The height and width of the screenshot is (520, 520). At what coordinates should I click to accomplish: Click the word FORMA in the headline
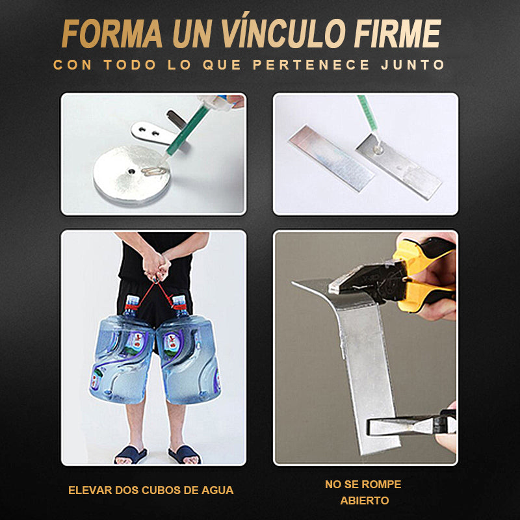tap(112, 34)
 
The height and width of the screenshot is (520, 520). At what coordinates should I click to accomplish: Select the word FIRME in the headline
tap(398, 34)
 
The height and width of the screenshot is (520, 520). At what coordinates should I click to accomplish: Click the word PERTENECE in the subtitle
tap(311, 64)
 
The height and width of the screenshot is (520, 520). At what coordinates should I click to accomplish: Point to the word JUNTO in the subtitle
tap(413, 64)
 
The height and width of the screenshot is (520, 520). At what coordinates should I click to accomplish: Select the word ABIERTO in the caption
tap(365, 500)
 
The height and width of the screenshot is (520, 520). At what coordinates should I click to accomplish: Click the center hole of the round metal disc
tap(132, 172)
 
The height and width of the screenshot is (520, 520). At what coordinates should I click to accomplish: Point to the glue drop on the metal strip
tap(378, 151)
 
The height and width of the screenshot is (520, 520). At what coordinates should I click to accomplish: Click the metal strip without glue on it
tap(331, 158)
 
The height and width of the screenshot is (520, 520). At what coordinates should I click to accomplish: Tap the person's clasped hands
tap(155, 265)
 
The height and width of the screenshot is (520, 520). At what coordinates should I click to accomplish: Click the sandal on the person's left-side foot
tap(131, 455)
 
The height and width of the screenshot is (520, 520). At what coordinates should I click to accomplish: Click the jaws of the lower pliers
tap(398, 427)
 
